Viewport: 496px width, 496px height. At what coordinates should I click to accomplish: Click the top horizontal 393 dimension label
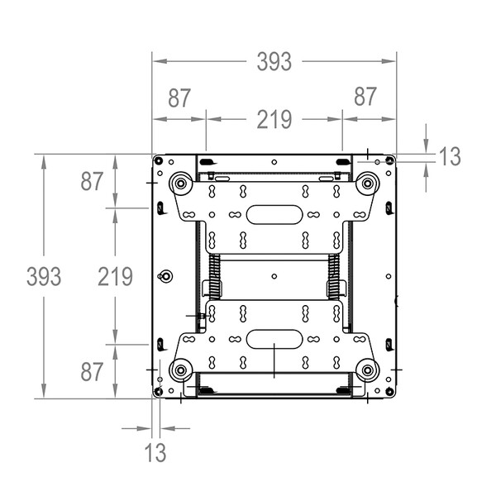coord(274,61)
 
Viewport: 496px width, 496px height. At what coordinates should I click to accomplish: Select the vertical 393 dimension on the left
coord(44,276)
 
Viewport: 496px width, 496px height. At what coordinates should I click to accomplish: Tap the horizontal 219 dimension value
coord(274,120)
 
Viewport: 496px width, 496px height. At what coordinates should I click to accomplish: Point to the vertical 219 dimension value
coord(115,276)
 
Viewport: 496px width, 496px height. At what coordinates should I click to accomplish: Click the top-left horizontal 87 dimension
coord(179,98)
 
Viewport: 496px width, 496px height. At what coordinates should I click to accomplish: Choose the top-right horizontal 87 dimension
coord(365,97)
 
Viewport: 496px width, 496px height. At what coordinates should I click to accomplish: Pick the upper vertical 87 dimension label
coord(92,181)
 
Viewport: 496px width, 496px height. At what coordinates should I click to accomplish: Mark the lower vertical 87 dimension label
coord(92,372)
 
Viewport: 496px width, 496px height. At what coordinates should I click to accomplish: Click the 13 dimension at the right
coord(451,156)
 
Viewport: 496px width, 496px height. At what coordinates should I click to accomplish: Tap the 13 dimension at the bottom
coord(155,452)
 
